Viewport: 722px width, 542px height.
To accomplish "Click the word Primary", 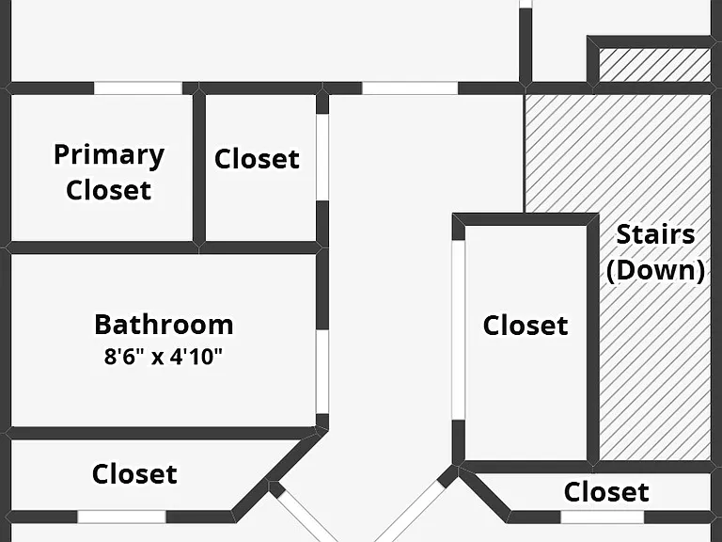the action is [109, 156].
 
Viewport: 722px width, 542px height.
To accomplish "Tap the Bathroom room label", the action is [164, 325].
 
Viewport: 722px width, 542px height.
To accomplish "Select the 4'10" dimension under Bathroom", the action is [196, 357].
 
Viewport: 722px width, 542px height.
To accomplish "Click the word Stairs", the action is [655, 234].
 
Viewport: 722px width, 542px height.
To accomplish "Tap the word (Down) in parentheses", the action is [655, 270].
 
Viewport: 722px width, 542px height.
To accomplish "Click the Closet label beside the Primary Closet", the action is [257, 159].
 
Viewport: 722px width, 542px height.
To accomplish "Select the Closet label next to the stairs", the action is [526, 326].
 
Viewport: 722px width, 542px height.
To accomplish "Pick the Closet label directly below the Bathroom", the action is [134, 474].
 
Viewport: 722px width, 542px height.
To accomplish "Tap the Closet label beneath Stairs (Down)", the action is [606, 492].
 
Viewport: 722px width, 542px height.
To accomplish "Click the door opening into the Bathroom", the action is [322, 372].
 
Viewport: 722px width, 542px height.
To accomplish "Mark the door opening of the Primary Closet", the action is [138, 88].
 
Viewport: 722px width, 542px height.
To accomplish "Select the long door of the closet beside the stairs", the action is [458, 330].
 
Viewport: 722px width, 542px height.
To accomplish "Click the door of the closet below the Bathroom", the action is [121, 517].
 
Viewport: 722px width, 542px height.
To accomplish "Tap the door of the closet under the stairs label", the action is [603, 518].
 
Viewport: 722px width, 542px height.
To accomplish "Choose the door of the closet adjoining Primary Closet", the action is [322, 157].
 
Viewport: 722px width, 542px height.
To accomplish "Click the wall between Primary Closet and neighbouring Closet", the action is [199, 167].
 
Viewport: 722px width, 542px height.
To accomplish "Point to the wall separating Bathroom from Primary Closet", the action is [102, 247].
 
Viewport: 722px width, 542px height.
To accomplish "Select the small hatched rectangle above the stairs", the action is [654, 65].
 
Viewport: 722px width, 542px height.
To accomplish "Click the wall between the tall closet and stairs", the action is [593, 338].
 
